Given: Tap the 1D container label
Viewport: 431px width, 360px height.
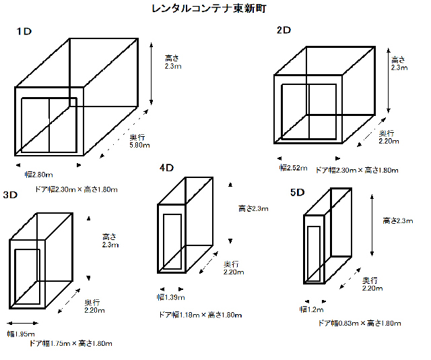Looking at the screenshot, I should [x=24, y=32].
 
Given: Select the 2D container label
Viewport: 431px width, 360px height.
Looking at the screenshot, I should [x=284, y=30].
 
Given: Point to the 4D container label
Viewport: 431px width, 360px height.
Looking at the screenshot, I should [x=167, y=167].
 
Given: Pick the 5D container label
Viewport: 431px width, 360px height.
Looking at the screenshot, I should [x=297, y=193].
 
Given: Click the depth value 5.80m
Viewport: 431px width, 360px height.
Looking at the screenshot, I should [x=139, y=144].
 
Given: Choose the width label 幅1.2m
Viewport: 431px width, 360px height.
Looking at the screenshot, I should [x=312, y=309].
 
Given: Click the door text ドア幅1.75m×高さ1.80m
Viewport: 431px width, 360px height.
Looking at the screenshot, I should [x=70, y=343].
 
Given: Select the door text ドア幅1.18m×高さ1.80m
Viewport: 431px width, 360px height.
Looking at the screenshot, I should [x=200, y=314].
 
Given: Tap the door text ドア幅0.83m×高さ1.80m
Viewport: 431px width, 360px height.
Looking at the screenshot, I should [x=360, y=323].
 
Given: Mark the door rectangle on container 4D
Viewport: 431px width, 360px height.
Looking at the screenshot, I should [x=172, y=242].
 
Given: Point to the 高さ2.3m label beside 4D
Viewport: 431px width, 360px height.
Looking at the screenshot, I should [x=253, y=208].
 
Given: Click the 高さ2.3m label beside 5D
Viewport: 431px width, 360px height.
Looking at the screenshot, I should [x=397, y=220].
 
